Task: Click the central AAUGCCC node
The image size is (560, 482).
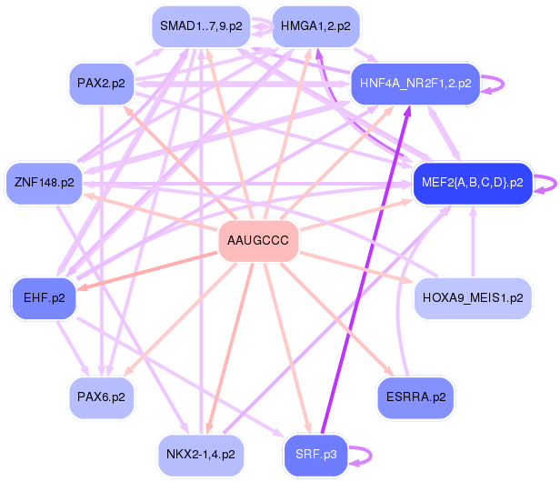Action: pyautogui.click(x=258, y=241)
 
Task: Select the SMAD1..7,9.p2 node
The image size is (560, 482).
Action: pyautogui.click(x=200, y=26)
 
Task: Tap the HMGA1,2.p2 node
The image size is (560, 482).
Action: pyautogui.click(x=315, y=26)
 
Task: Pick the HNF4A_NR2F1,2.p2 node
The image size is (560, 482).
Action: pyautogui.click(x=415, y=84)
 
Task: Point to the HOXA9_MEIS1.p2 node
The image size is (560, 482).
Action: pyautogui.click(x=473, y=297)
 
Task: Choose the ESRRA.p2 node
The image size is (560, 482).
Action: pyautogui.click(x=415, y=397)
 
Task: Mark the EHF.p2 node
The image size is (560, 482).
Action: pyautogui.click(x=44, y=297)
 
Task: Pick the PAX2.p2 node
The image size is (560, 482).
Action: pyautogui.click(x=101, y=84)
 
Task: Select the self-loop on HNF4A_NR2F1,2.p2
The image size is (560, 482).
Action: pyautogui.click(x=502, y=84)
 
